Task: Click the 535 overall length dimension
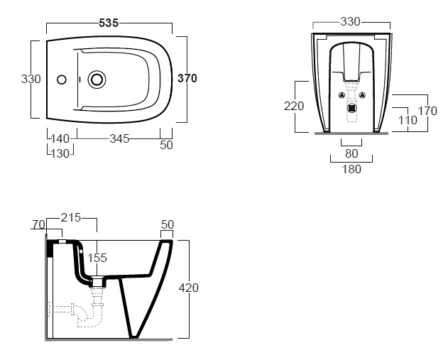[109, 23]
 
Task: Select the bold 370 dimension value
[187, 79]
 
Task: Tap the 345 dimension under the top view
[119, 139]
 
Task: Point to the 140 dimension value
[61, 139]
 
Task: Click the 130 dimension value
[60, 153]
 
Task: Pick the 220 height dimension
[294, 106]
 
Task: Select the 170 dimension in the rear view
[427, 111]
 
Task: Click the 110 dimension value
[408, 121]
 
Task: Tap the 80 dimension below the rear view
[351, 153]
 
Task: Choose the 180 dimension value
[351, 169]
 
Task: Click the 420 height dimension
[188, 288]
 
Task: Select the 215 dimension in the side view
[72, 217]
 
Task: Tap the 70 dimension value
[38, 225]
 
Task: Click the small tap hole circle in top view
[61, 80]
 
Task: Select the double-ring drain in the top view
[97, 80]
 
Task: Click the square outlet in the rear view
[351, 108]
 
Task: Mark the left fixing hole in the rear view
[342, 95]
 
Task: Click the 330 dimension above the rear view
[351, 22]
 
